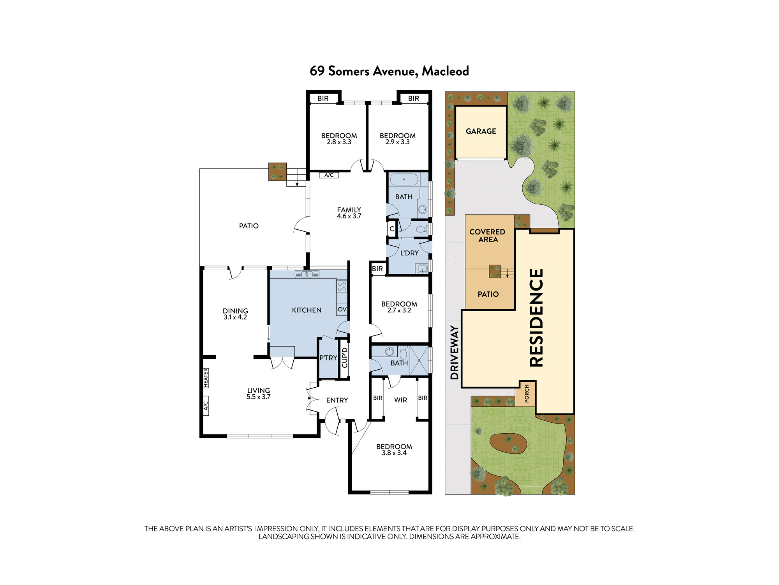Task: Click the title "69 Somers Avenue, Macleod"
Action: click(389, 71)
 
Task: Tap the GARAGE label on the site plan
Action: click(481, 131)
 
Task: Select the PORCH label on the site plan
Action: click(527, 394)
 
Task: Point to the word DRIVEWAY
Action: click(454, 352)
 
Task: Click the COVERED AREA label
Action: click(488, 236)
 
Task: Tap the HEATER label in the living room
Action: click(206, 378)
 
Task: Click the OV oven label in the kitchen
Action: click(342, 309)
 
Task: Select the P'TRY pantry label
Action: click(328, 358)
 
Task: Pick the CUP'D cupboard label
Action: click(345, 358)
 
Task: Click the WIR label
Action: click(400, 400)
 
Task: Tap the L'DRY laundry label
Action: click(409, 253)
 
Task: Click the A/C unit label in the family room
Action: click(329, 175)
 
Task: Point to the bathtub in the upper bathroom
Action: click(404, 180)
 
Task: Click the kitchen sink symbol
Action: click(307, 274)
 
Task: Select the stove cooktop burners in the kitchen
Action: click(342, 286)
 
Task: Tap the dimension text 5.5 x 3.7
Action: click(258, 397)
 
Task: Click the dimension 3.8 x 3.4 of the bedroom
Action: click(394, 453)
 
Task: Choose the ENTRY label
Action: click(337, 400)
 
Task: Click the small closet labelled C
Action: click(392, 229)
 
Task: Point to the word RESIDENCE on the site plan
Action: click(536, 317)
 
